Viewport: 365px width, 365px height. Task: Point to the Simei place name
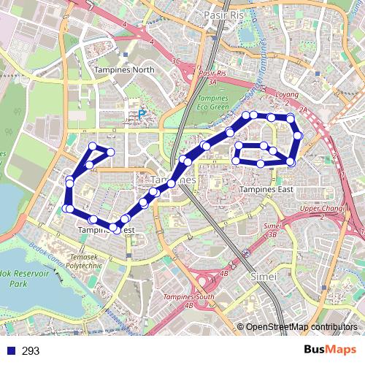(263, 277)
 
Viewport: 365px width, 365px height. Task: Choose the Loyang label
(288, 94)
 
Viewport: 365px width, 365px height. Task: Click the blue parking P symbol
(142, 114)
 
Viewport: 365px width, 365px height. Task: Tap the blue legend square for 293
(9, 351)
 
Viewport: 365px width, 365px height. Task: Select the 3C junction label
(176, 62)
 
